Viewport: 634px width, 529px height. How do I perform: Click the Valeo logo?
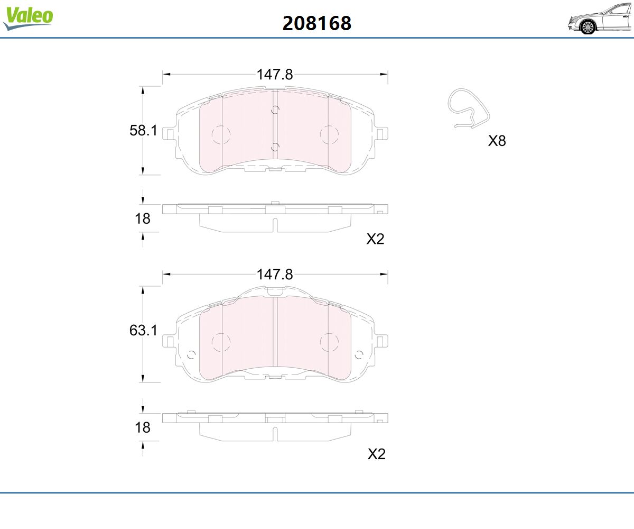point(28,18)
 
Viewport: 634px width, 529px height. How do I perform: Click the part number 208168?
point(316,23)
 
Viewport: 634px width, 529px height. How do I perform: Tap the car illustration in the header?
point(600,19)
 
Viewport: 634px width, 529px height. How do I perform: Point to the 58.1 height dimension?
point(143,131)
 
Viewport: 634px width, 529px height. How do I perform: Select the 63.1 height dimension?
point(143,330)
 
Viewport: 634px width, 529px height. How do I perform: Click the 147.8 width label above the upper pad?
point(275,75)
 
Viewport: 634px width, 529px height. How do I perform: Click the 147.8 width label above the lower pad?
point(275,274)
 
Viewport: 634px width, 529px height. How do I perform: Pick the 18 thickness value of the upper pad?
point(143,218)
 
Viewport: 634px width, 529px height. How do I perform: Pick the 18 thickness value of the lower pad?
point(143,427)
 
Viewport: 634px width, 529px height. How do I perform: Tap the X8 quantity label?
point(497,141)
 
